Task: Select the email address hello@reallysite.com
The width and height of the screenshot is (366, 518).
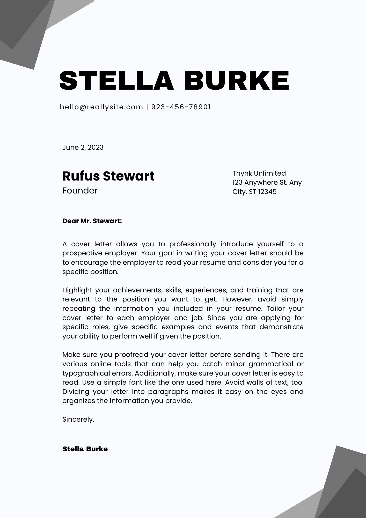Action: point(101,107)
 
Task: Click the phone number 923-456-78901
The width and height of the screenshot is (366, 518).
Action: point(181,107)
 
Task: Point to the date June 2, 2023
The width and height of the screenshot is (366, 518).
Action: point(83,147)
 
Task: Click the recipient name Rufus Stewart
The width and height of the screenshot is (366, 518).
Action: point(108,176)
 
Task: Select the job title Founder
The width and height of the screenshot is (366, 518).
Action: point(80,191)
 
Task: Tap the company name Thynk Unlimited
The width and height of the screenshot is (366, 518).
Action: point(259,173)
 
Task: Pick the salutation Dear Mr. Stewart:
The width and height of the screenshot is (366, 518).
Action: point(92,221)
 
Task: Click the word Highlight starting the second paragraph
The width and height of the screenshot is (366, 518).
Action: point(77,290)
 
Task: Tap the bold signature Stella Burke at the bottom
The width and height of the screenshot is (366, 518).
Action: point(85,449)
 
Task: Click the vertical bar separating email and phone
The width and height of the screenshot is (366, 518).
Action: point(147,107)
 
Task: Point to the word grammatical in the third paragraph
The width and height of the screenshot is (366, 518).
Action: point(270,364)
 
